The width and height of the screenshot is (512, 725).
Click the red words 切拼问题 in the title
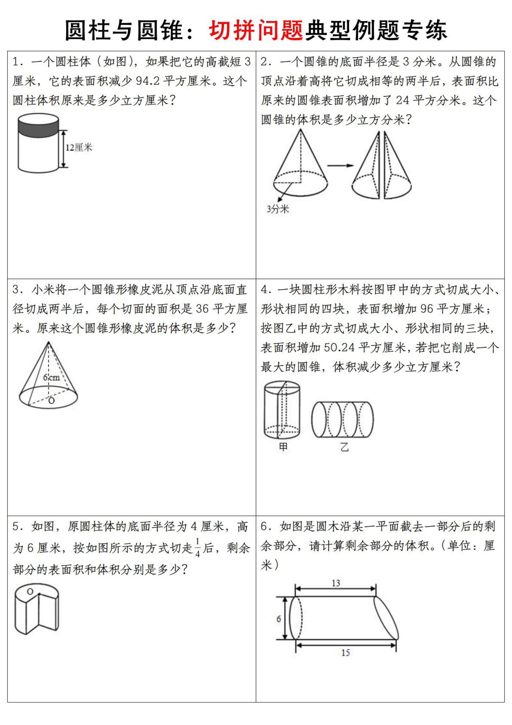[256, 30]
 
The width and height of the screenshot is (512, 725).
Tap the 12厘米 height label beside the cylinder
[79, 148]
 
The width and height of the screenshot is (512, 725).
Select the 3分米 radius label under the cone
[277, 209]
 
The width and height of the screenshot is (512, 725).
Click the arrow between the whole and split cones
[340, 165]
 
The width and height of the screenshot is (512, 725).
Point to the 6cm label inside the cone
[51, 378]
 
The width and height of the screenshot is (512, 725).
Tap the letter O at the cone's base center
[52, 401]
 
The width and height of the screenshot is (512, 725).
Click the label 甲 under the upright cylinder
[283, 447]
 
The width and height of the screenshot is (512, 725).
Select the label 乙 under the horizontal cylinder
[344, 447]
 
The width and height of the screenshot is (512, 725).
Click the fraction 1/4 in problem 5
[198, 548]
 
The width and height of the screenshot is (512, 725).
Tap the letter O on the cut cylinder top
[30, 592]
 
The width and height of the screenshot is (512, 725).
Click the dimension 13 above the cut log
[336, 583]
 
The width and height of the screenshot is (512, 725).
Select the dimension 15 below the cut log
[346, 653]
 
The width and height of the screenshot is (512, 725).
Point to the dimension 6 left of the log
[279, 619]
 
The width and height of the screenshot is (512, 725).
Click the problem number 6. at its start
[266, 526]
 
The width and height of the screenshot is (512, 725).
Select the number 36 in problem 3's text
[202, 309]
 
